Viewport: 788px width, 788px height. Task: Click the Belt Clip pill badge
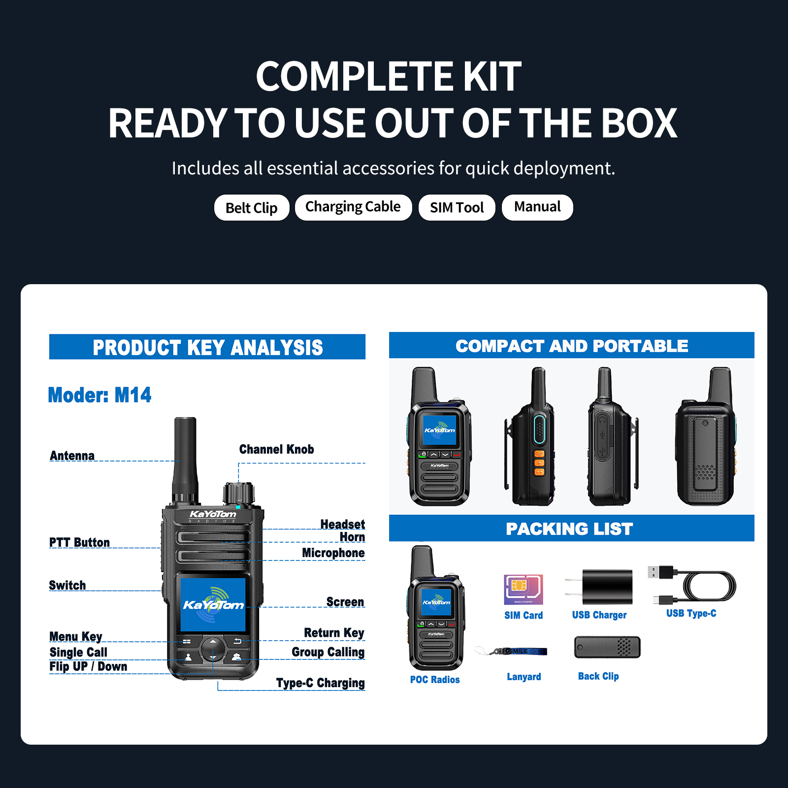pos(252,208)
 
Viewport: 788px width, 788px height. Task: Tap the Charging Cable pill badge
pos(353,207)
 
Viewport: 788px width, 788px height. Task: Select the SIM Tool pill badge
pos(457,208)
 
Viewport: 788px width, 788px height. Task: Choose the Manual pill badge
pos(537,207)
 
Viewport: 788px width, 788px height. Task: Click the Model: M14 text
pos(99,395)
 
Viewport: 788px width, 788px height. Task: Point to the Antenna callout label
pos(72,456)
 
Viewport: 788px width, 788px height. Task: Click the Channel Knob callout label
pos(276,449)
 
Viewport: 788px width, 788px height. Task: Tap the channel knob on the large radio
pos(238,492)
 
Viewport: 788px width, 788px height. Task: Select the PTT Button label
pos(79,542)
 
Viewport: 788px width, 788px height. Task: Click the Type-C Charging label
pos(320,683)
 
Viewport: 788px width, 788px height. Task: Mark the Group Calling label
pos(328,652)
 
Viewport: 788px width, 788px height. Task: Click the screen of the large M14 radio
pos(213,605)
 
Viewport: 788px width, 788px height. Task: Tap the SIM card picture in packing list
pos(523,590)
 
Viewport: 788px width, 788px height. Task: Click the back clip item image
pos(607,647)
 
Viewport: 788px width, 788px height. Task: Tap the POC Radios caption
pos(435,680)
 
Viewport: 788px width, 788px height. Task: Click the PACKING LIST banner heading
pos(569,529)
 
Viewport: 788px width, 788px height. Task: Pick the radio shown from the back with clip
pos(705,438)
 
